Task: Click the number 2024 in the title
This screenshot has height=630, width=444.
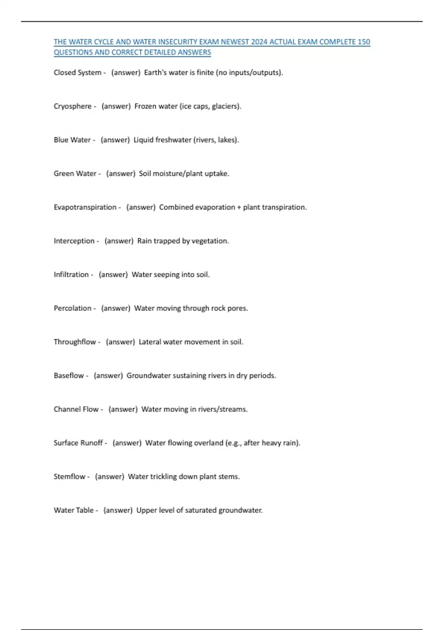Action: tap(259, 42)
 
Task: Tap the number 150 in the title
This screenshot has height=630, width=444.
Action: tap(364, 42)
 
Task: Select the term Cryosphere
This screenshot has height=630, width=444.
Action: tap(73, 106)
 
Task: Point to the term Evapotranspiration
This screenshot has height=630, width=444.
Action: tap(85, 207)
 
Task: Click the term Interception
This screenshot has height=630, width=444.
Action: tap(74, 241)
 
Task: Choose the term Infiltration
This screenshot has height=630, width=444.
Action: tap(71, 275)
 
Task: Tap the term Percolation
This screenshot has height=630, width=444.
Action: tap(73, 308)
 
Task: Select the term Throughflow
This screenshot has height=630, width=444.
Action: tap(75, 342)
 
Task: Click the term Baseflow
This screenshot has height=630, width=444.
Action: tap(69, 376)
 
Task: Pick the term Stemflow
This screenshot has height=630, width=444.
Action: tap(70, 477)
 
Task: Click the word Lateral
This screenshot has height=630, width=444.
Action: tap(149, 342)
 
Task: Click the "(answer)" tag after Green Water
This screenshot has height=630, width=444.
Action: tap(121, 174)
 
